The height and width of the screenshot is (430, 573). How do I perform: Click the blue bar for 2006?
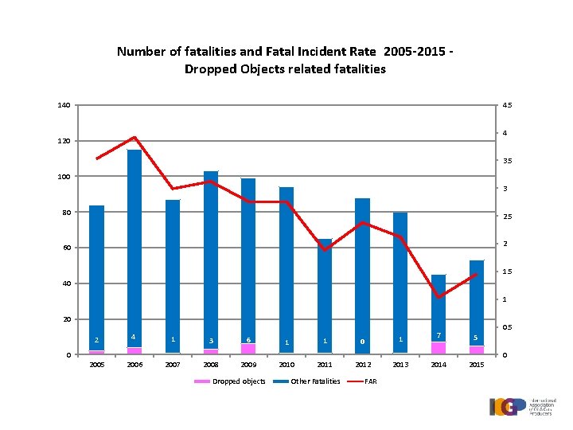click(134, 247)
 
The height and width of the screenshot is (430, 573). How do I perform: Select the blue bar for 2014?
click(439, 307)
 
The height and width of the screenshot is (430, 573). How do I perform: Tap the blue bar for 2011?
click(325, 295)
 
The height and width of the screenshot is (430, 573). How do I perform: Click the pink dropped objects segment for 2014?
click(439, 348)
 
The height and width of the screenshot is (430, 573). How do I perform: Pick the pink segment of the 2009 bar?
click(248, 349)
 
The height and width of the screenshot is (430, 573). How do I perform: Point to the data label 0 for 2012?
click(362, 342)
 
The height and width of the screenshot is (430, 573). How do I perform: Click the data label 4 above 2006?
click(134, 338)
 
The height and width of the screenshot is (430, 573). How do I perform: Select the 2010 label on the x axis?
click(286, 365)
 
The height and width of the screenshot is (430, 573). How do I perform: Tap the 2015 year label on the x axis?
click(477, 365)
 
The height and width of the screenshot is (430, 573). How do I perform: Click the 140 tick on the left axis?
click(64, 105)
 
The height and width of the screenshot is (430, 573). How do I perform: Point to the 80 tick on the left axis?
click(65, 213)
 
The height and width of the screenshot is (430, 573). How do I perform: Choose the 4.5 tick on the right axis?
click(507, 105)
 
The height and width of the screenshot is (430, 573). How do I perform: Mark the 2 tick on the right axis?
click(506, 244)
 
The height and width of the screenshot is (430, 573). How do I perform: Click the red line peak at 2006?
click(134, 138)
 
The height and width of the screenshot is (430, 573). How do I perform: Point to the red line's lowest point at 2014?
click(439, 297)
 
